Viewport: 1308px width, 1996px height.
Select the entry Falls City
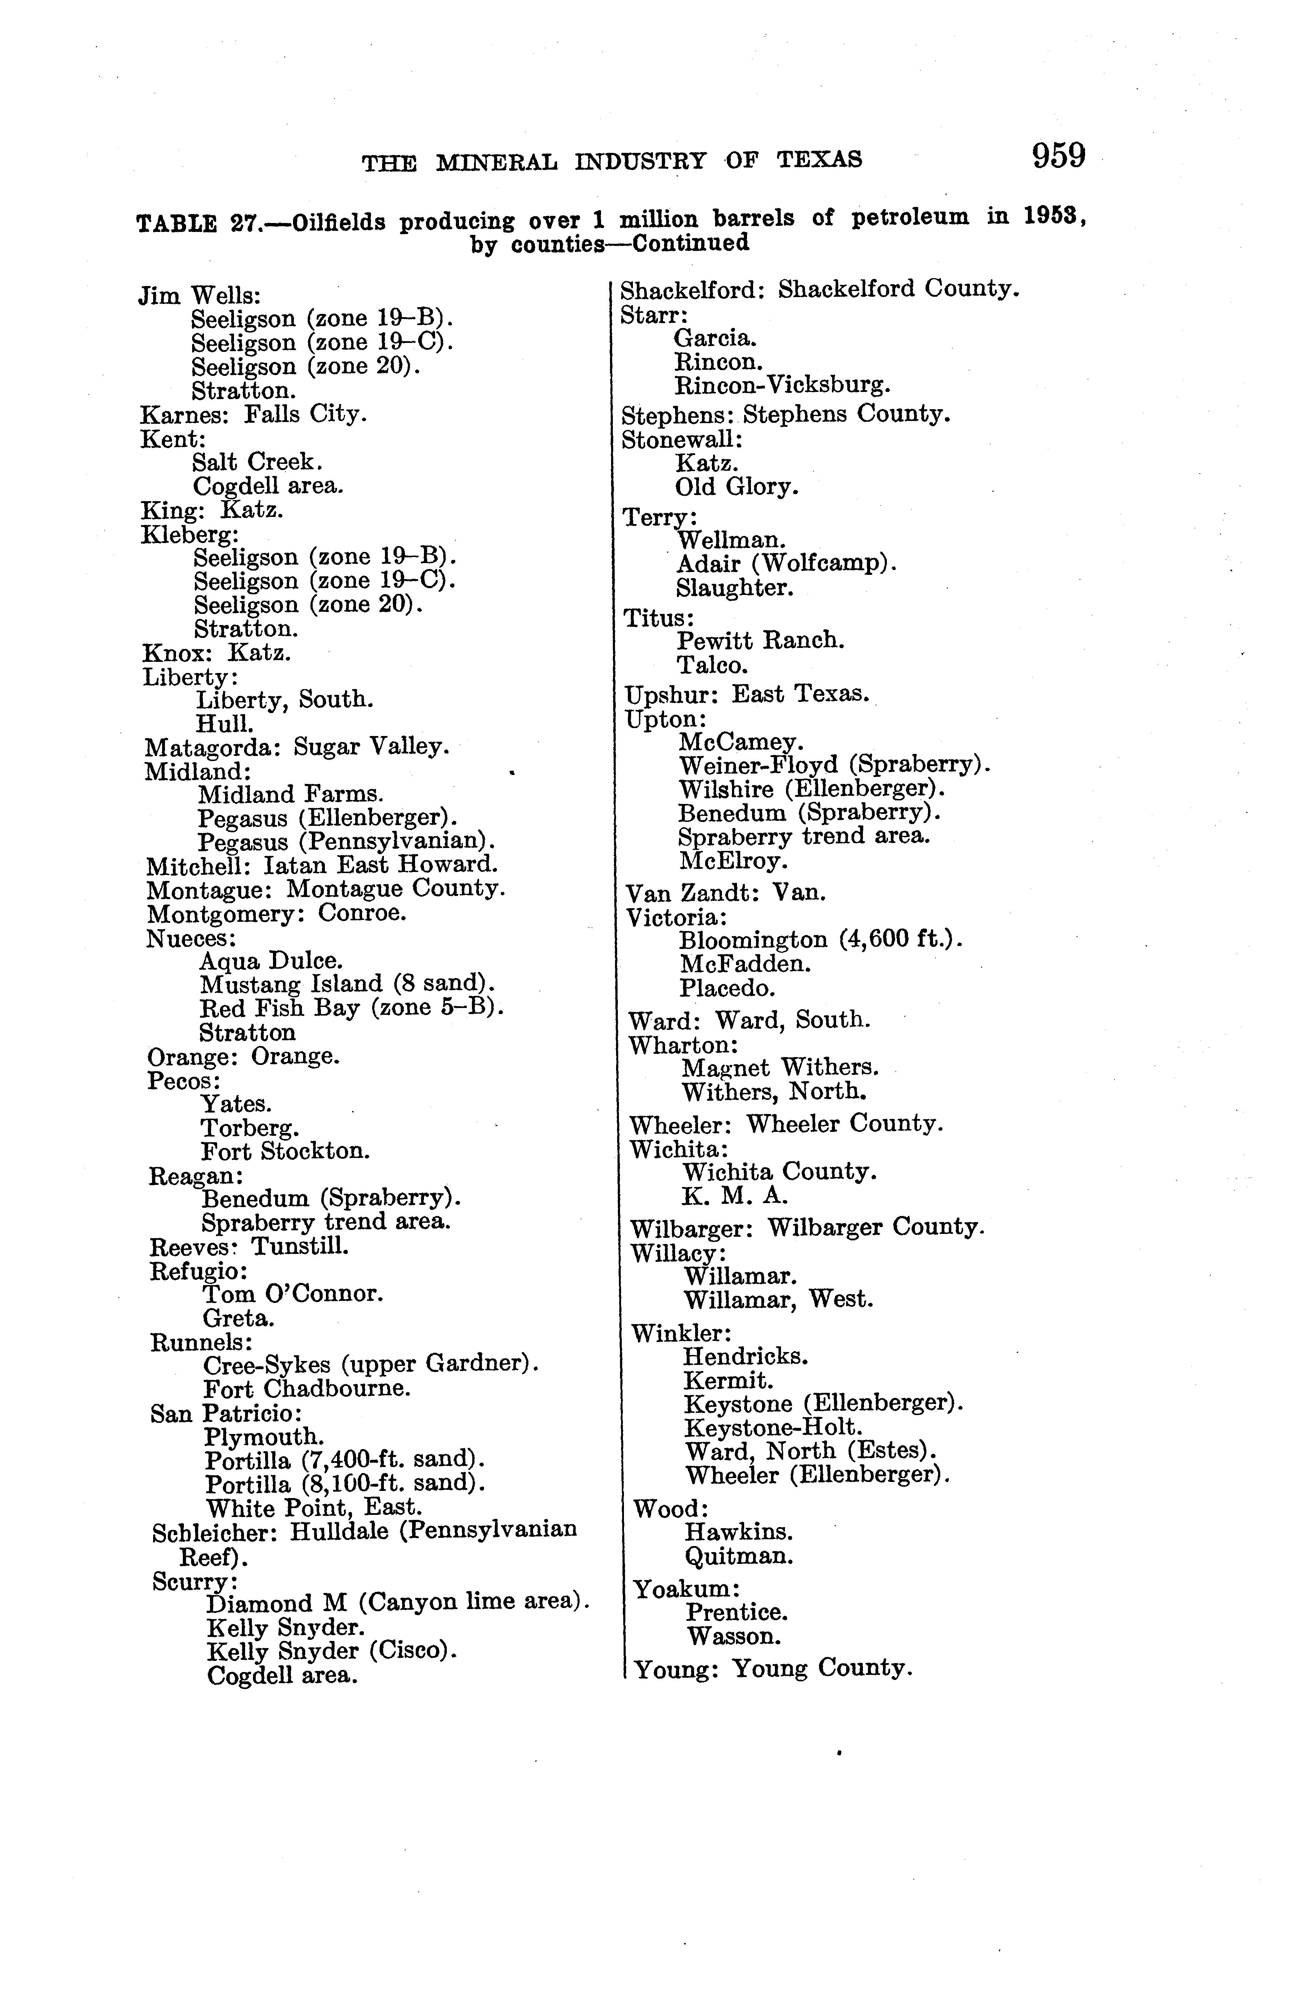pos(305,414)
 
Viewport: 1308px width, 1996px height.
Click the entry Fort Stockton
pos(285,1152)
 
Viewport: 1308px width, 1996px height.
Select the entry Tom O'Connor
pos(293,1294)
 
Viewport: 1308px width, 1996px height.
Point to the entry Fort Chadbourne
pos(307,1389)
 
